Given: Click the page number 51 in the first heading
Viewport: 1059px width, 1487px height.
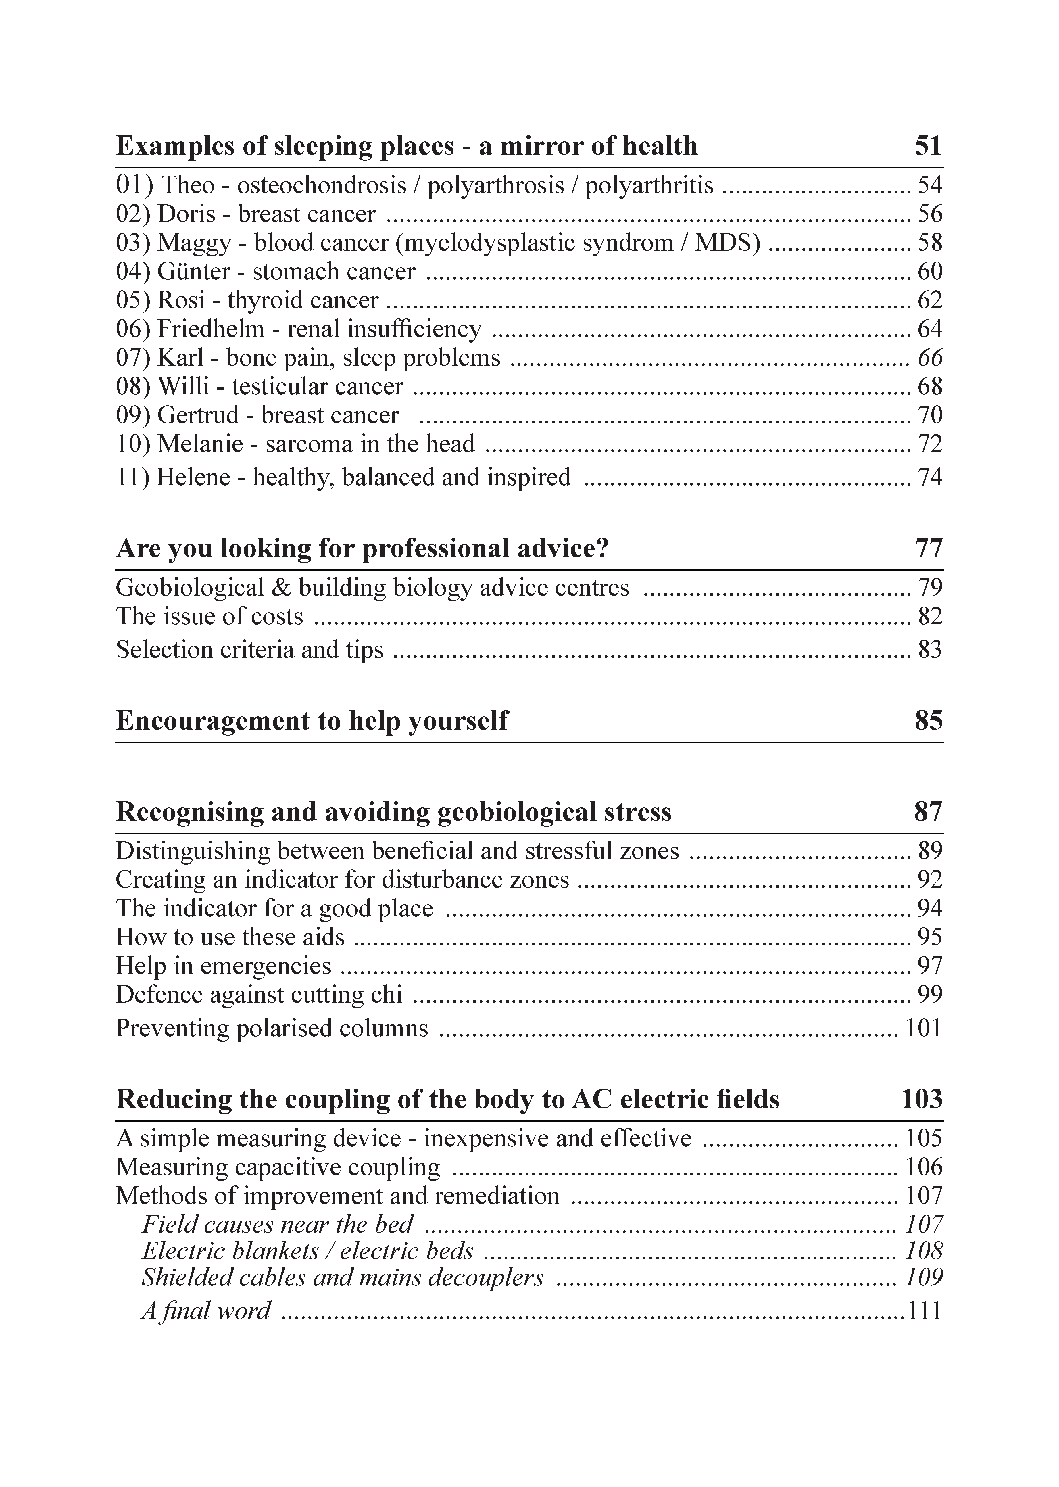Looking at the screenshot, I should (928, 145).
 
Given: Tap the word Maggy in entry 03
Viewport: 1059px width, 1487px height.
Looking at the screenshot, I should (194, 243).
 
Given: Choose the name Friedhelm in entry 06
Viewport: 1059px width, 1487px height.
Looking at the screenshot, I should (211, 329).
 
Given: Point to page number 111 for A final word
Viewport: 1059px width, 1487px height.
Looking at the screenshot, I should (925, 1311).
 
